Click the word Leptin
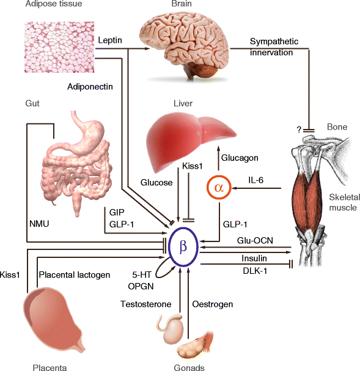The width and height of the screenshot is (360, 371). click(110, 40)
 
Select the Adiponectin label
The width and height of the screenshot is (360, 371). click(90, 87)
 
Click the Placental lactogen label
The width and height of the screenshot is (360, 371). click(73, 275)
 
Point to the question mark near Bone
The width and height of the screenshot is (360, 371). click(298, 129)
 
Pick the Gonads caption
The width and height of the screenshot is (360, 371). click(189, 367)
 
